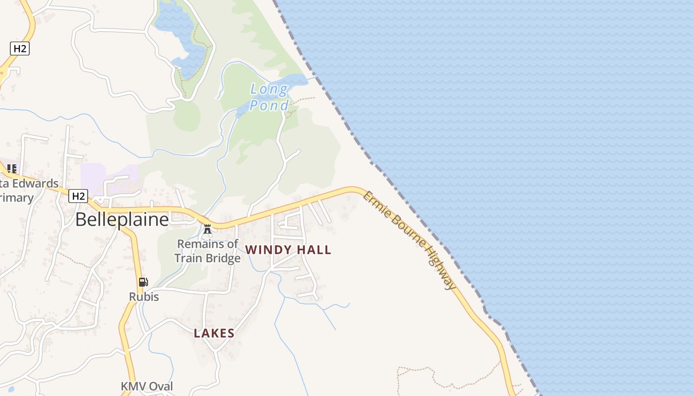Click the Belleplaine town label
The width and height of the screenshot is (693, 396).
pos(122,219)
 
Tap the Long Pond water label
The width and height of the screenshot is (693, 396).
pos(269,97)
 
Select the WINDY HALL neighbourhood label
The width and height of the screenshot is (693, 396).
pos(288,250)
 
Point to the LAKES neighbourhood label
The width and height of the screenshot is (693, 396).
pos(214,333)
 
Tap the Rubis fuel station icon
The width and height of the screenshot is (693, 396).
pos(143,282)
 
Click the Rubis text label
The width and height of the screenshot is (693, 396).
pos(144,297)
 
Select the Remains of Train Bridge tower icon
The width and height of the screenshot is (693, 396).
pos(207,229)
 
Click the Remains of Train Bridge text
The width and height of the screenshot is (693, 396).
pos(208,251)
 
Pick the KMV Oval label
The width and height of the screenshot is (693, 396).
pos(147,386)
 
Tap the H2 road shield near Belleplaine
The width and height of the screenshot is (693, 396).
pos(78,196)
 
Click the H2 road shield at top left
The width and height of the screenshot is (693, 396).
pos(20,49)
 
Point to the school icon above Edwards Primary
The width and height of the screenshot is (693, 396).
pos(12,169)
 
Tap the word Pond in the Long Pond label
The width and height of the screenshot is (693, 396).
pos(269,105)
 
